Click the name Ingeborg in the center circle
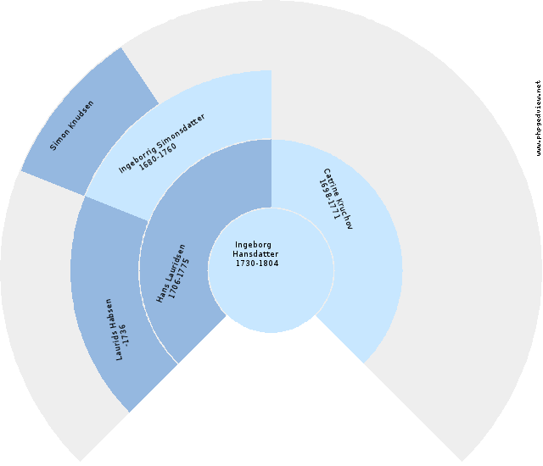pyautogui.click(x=254, y=245)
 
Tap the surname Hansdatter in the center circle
pyautogui.click(x=255, y=254)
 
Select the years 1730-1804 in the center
pyautogui.click(x=257, y=264)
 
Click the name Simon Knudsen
pyautogui.click(x=71, y=125)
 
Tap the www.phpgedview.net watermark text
pyautogui.click(x=538, y=119)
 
